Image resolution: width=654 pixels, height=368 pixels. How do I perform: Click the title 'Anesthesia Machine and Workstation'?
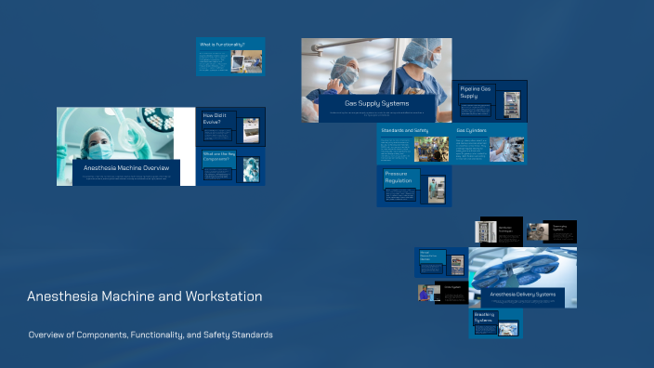pyautogui.click(x=144, y=296)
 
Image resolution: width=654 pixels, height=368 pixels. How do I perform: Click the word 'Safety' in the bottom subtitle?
pyautogui.click(x=214, y=335)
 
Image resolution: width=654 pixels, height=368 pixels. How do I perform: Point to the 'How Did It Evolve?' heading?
pyautogui.click(x=218, y=119)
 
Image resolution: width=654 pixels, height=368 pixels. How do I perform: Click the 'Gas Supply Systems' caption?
pyautogui.click(x=376, y=103)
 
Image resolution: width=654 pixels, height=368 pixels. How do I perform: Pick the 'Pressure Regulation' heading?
pyautogui.click(x=399, y=177)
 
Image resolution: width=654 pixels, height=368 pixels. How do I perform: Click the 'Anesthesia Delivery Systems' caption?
pyautogui.click(x=523, y=295)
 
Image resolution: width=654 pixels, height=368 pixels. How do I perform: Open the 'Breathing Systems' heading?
pyautogui.click(x=484, y=317)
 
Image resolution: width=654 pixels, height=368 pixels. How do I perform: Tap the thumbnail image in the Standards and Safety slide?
pyautogui.click(x=431, y=150)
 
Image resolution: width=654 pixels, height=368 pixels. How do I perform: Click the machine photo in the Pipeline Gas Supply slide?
pyautogui.click(x=512, y=104)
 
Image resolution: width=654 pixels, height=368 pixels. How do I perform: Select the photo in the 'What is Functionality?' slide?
pyautogui.click(x=246, y=60)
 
